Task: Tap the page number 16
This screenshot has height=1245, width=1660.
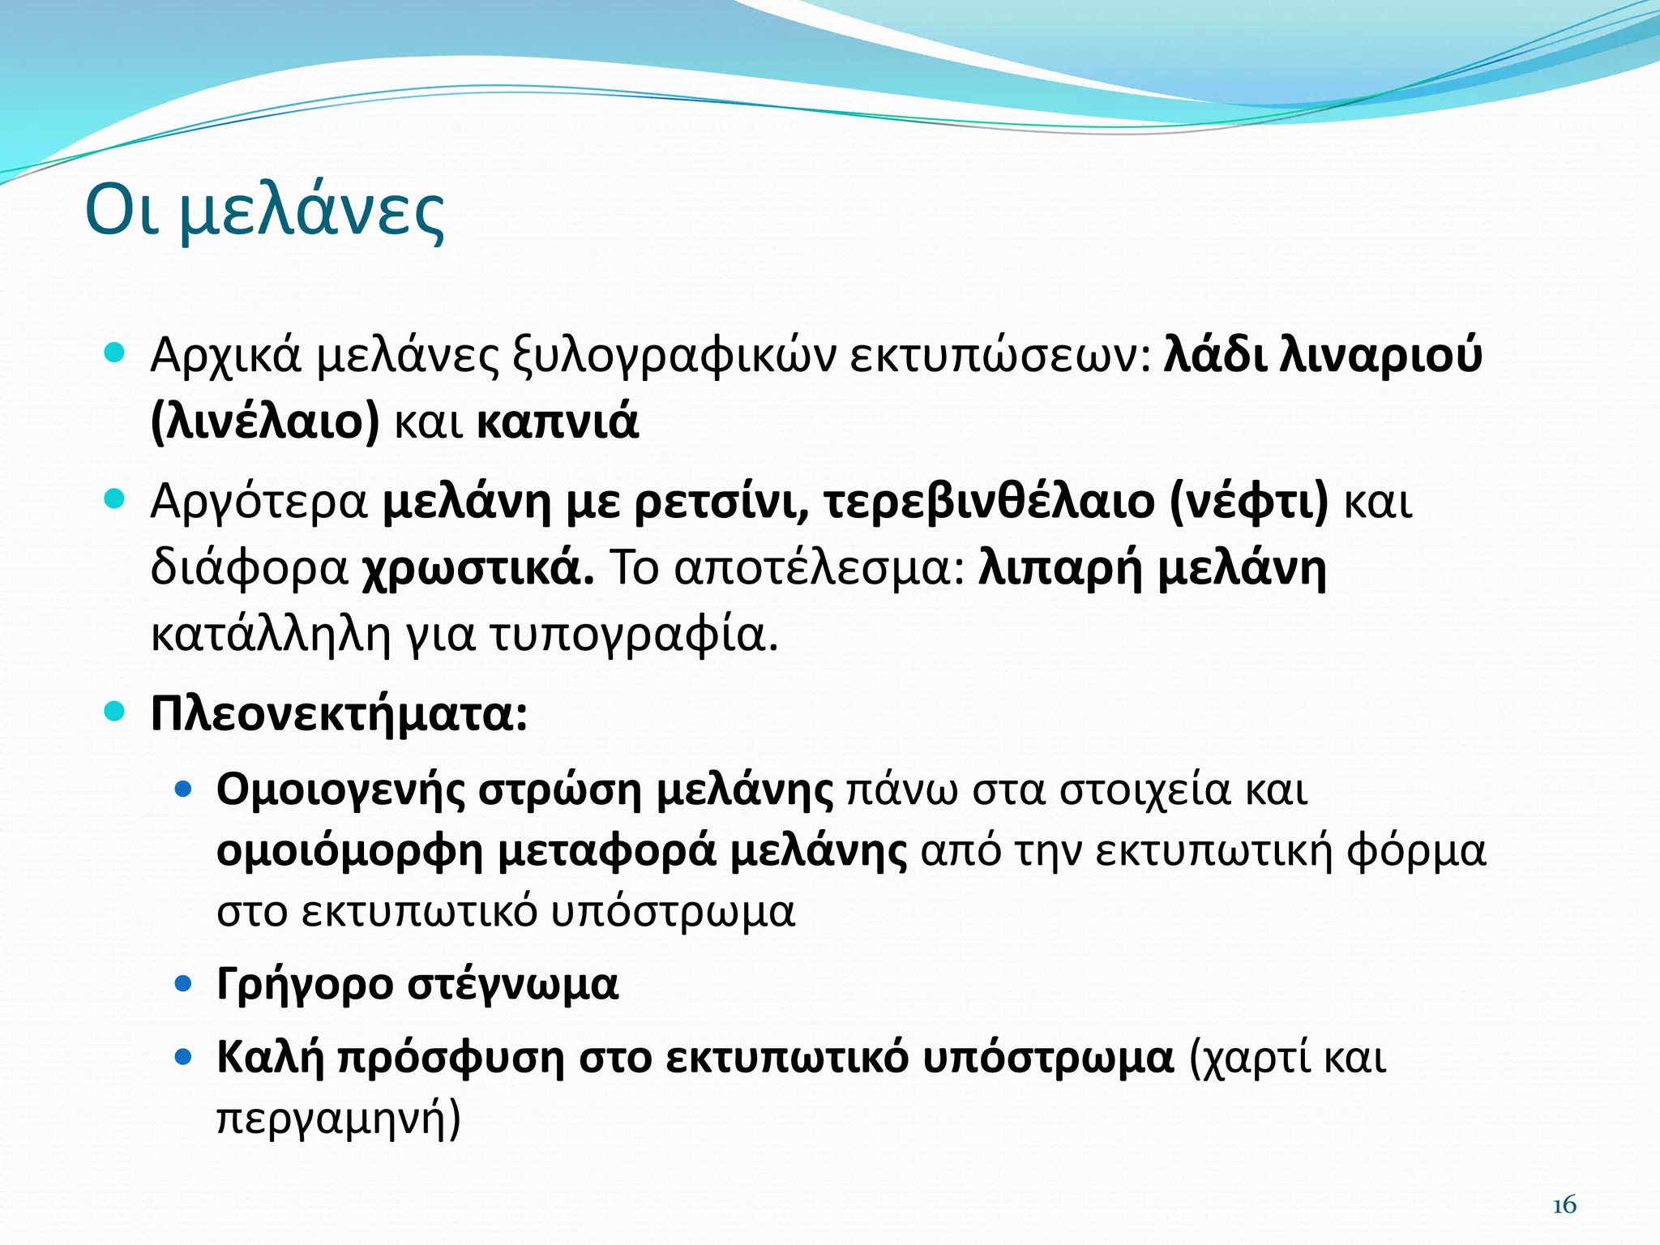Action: tap(1564, 1205)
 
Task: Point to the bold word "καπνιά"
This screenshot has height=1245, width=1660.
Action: tap(558, 422)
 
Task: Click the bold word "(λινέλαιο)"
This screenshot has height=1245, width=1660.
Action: tap(265, 422)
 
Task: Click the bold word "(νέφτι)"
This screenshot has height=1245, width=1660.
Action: tap(1249, 503)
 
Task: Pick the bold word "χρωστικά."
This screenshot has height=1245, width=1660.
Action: tap(477, 569)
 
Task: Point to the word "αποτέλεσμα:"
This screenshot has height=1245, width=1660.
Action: tap(819, 569)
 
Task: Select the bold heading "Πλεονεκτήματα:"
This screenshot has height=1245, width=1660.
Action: tap(339, 715)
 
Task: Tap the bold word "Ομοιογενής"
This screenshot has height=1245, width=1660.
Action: tap(340, 789)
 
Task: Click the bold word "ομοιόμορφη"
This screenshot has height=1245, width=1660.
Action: tap(349, 851)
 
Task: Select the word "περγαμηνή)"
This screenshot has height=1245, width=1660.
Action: tap(339, 1119)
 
